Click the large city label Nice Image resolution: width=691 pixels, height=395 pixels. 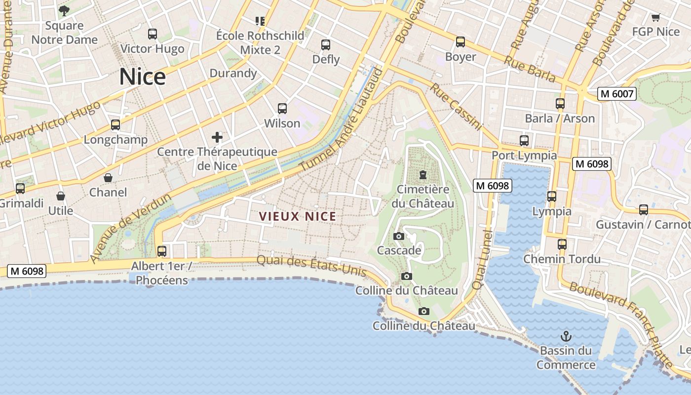click(142, 77)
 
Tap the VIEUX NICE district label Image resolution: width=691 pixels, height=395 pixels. click(298, 216)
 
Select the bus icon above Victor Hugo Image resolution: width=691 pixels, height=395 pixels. click(153, 34)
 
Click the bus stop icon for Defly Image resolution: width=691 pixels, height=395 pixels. click(326, 45)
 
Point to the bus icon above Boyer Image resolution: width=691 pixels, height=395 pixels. click(461, 42)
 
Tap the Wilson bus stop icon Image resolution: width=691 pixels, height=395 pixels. click(282, 109)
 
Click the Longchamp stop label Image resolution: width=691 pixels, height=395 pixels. click(115, 140)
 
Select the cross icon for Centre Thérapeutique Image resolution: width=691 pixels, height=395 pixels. click(217, 137)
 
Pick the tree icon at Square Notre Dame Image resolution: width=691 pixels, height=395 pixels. click(64, 10)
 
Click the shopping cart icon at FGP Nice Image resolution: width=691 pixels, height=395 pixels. click(655, 18)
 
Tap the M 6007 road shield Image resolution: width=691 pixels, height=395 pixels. click(616, 94)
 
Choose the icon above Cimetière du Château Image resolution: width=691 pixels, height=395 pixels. click(422, 175)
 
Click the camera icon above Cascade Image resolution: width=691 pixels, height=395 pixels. click(399, 237)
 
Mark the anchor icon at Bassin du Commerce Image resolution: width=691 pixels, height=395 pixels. click(566, 337)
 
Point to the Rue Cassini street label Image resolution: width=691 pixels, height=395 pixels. click(455, 107)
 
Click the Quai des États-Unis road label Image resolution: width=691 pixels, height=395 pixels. click(311, 266)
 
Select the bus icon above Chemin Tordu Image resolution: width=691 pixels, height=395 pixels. click(562, 244)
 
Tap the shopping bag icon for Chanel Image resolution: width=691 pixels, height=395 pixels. click(108, 178)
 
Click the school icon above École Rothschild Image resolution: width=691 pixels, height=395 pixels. click(260, 21)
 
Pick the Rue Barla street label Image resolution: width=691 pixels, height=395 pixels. click(530, 68)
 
